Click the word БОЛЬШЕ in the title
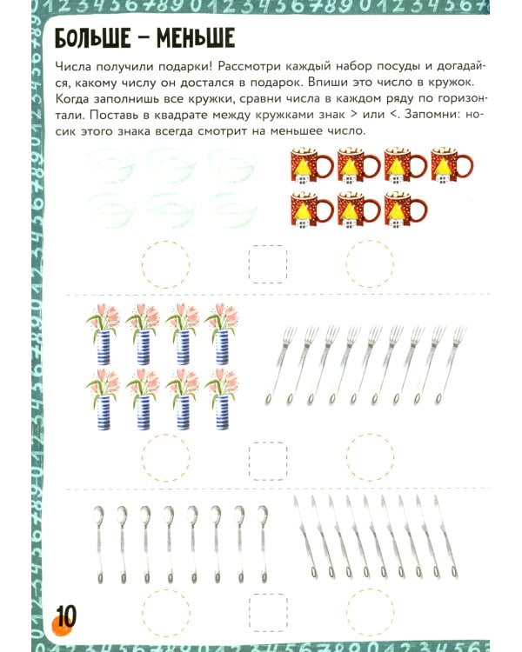coord(92,38)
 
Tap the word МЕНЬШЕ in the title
coord(196,38)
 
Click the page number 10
coord(66,616)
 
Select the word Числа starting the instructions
coord(72,67)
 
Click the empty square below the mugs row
coord(268,264)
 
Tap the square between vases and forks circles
coord(268,461)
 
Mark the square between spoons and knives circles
coord(268,613)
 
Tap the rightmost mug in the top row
coord(452,165)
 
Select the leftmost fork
coord(281,365)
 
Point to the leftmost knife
coord(305,536)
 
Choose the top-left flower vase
coord(103,335)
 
